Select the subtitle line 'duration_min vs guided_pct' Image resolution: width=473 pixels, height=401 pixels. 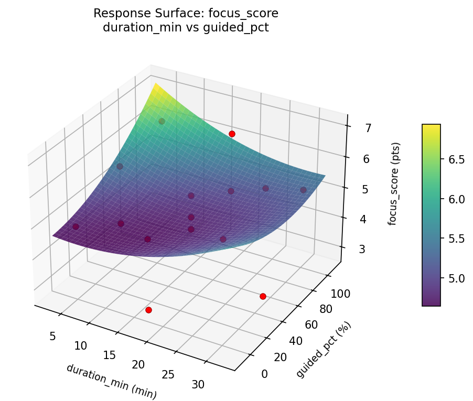pyautogui.click(x=186, y=28)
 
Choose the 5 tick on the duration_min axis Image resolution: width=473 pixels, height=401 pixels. pyautogui.click(x=52, y=335)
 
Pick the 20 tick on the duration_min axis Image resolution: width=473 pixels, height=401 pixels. pyautogui.click(x=138, y=364)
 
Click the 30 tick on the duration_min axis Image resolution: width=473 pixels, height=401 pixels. pyautogui.click(x=198, y=384)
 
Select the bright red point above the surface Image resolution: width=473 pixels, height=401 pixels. pyautogui.click(x=232, y=134)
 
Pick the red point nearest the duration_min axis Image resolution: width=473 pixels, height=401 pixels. pyautogui.click(x=148, y=310)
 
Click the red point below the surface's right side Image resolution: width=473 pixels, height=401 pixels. pyautogui.click(x=263, y=297)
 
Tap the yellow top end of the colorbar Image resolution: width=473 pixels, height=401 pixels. pyautogui.click(x=431, y=127)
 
